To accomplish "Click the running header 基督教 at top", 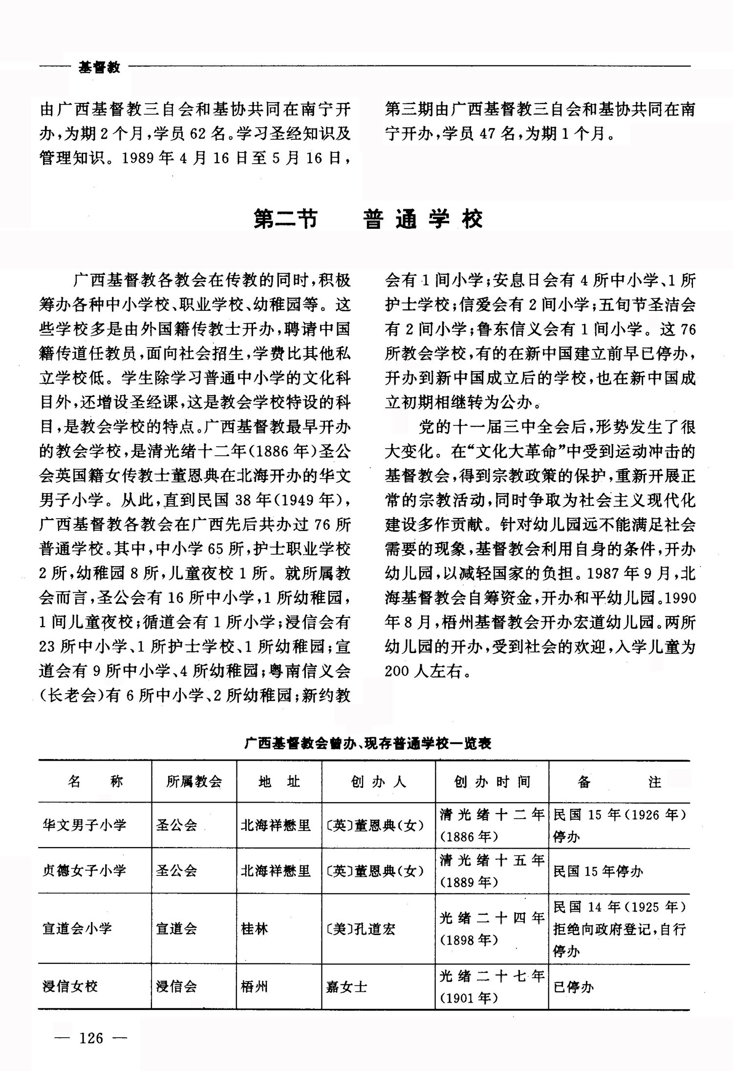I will tap(99, 67).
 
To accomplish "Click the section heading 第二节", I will tap(285, 219).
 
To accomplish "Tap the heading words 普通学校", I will tap(423, 219).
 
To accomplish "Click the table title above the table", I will tap(367, 743).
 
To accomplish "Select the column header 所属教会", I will tap(194, 782).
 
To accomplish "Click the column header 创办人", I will tap(378, 782).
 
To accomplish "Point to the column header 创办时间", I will tap(492, 782).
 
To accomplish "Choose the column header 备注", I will tap(619, 782).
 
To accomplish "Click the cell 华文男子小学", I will tap(84, 826).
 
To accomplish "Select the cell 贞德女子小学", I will tap(84, 871).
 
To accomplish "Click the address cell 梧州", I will tap(254, 986).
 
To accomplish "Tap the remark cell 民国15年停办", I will tap(598, 871).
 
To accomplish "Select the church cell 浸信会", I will tap(176, 986).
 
